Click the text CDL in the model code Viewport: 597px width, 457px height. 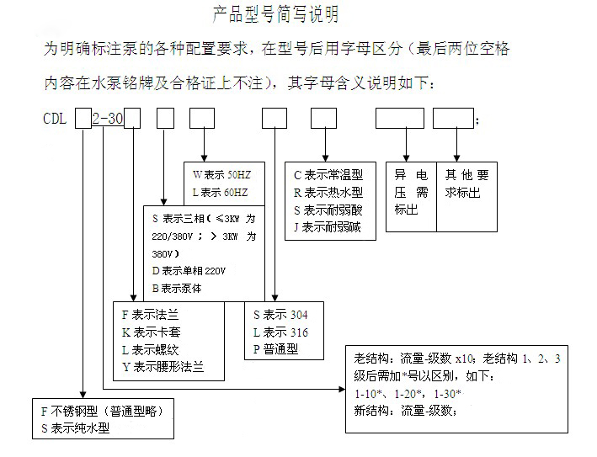56,120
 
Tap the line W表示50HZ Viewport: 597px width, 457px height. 221,175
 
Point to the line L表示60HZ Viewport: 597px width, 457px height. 220,193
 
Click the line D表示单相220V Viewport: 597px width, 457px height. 189,271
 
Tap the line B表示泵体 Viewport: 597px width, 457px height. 177,289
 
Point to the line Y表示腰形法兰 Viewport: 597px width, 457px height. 163,368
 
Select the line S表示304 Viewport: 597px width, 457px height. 280,315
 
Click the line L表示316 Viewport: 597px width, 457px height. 280,332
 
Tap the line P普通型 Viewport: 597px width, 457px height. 276,350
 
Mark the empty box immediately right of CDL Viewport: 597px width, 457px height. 83,119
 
